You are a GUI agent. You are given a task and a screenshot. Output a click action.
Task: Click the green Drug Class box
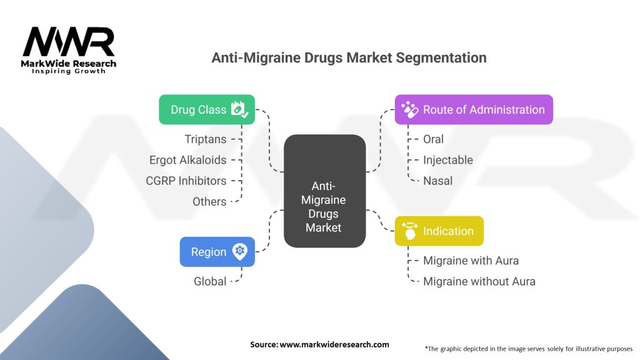[x=206, y=109]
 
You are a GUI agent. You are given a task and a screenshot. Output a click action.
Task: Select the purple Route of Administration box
[x=474, y=109]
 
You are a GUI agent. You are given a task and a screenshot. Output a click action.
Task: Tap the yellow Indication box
[x=439, y=231]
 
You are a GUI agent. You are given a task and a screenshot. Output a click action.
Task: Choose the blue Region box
[x=217, y=251]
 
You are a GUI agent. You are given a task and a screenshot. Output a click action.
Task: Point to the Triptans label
[x=205, y=139]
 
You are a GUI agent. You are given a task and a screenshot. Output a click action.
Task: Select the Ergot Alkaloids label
[x=187, y=160]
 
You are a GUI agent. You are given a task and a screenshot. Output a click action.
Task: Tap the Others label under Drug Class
[x=209, y=201]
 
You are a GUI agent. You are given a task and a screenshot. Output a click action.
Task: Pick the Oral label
[x=433, y=139]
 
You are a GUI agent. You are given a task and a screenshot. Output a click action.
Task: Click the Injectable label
[x=447, y=160]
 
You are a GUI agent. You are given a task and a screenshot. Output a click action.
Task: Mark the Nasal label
[x=437, y=181]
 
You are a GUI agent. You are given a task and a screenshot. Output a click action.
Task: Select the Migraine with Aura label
[x=471, y=260]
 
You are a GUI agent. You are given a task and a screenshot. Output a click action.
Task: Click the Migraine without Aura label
[x=479, y=281]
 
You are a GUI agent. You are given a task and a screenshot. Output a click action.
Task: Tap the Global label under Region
[x=210, y=281]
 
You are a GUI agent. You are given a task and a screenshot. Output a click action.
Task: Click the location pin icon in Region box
[x=239, y=251]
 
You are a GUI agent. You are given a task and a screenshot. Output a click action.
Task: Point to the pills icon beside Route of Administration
[x=409, y=109]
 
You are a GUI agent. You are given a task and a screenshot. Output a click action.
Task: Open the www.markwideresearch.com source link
[x=334, y=344]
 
